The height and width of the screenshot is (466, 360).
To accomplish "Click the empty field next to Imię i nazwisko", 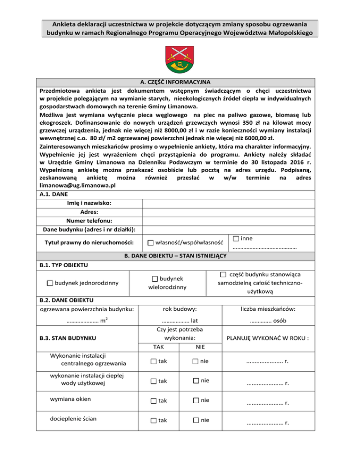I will (250, 203).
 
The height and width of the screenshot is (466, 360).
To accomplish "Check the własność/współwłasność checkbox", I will (150, 243).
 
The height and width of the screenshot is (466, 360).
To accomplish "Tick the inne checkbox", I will (236, 239).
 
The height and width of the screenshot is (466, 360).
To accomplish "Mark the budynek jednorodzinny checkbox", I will (50, 283).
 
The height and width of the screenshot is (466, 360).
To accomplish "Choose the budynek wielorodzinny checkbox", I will (155, 279).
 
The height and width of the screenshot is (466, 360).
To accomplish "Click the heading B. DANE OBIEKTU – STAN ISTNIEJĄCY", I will (180, 256).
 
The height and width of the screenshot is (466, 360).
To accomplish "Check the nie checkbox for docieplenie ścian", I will (195, 420).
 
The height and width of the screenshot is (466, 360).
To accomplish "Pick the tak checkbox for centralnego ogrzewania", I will (154, 361).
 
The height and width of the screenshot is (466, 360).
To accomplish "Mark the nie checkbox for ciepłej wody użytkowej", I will (195, 381).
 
